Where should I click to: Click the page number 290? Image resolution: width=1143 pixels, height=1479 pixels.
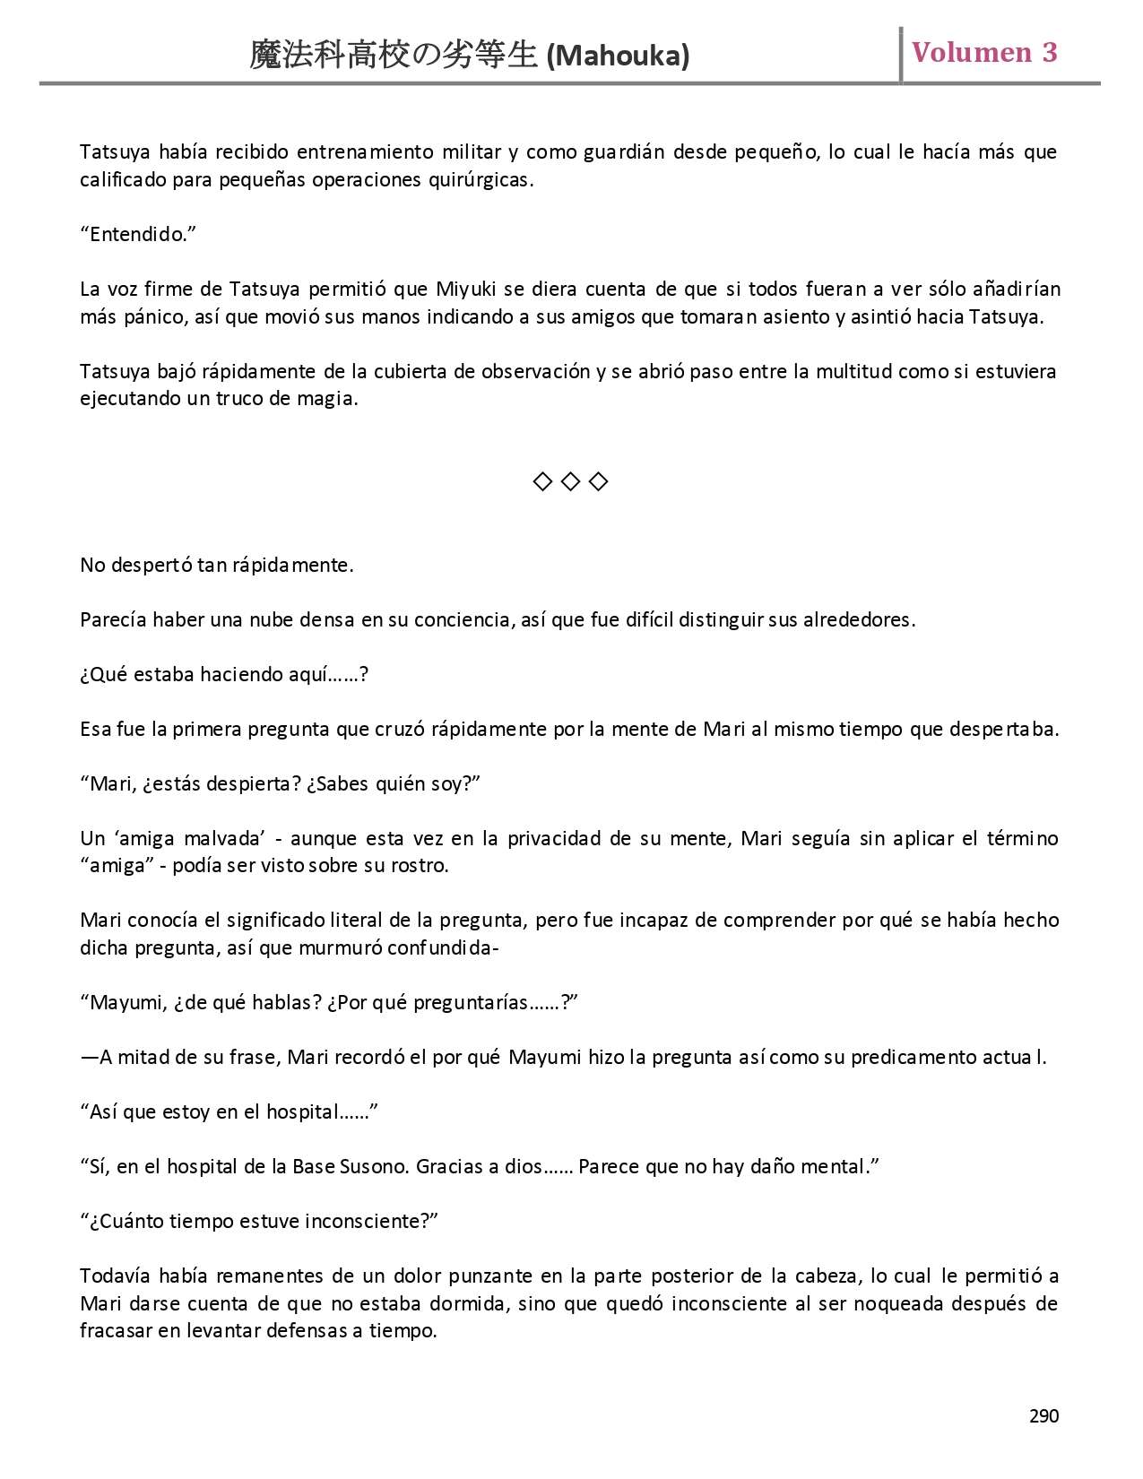(x=1043, y=1415)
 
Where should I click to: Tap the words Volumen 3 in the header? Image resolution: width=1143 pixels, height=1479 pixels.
(x=984, y=53)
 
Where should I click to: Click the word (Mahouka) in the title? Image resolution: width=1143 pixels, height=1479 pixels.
(x=618, y=56)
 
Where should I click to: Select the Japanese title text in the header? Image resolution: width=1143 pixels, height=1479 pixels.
(x=393, y=56)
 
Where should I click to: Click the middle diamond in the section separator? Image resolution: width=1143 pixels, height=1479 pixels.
(x=570, y=482)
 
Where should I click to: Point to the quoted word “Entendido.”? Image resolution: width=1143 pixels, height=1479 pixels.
(x=138, y=235)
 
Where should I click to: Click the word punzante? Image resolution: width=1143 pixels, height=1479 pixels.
(x=505, y=1276)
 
